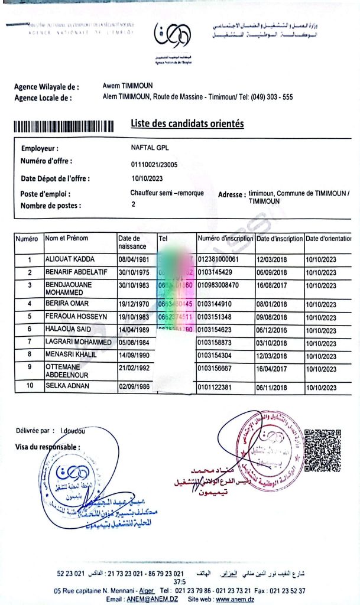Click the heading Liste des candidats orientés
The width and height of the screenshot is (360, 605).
click(187, 123)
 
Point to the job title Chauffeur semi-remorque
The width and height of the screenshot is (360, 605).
click(167, 193)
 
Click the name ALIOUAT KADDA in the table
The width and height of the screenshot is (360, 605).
click(70, 259)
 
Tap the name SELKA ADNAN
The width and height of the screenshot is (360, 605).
click(68, 386)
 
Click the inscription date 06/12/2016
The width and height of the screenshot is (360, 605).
click(271, 329)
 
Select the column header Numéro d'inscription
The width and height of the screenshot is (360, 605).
click(225, 238)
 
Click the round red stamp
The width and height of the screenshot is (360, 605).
click(270, 444)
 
